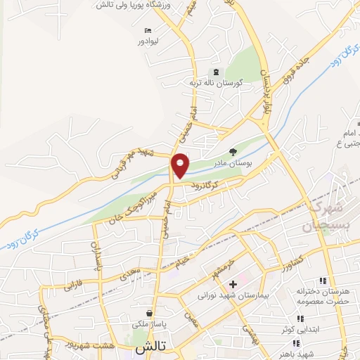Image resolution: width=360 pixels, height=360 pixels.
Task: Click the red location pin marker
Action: pyautogui.click(x=181, y=166)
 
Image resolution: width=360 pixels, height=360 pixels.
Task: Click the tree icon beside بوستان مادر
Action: pyautogui.click(x=233, y=150)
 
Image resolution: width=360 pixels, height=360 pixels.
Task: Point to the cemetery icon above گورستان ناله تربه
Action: pyautogui.click(x=215, y=72)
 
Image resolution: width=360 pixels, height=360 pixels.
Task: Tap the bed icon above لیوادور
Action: pyautogui.click(x=147, y=30)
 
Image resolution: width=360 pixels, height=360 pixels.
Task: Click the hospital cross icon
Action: pyautogui.click(x=233, y=285)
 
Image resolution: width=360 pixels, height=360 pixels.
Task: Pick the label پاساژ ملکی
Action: pyautogui.click(x=149, y=325)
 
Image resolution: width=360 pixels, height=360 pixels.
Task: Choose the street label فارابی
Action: pyautogui.click(x=73, y=286)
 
